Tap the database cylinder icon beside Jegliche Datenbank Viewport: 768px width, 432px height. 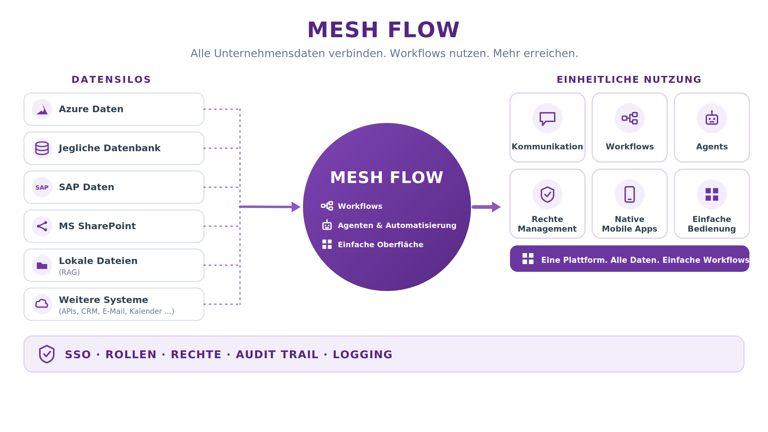(42, 148)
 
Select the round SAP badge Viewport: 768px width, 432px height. (42, 187)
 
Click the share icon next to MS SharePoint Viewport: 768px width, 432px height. (42, 226)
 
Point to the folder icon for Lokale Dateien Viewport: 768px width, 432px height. (42, 265)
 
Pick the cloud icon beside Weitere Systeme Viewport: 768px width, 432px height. (42, 304)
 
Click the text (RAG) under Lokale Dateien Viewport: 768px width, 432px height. (69, 272)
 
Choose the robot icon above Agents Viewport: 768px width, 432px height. (712, 118)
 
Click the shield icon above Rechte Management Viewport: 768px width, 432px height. (547, 194)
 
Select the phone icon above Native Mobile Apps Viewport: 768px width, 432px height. (630, 194)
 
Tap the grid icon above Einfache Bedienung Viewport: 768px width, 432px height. (712, 194)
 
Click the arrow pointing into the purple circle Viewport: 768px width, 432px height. (270, 207)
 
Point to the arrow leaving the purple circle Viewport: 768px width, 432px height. (486, 207)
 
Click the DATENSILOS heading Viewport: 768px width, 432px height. (111, 79)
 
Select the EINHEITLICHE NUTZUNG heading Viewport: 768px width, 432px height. (629, 79)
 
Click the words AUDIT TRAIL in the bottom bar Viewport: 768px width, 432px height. (277, 355)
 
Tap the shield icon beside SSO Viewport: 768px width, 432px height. (47, 354)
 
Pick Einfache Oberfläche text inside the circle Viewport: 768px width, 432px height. (381, 244)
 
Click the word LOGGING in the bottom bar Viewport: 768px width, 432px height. (363, 355)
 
